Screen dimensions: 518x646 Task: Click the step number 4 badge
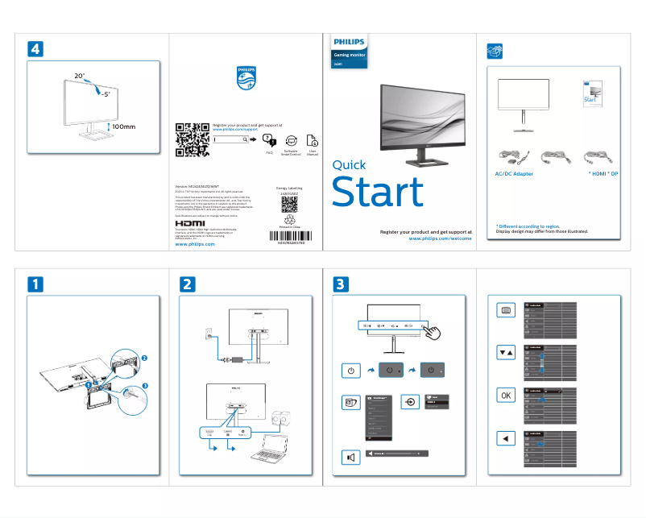coord(35,48)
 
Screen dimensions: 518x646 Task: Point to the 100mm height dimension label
coord(123,127)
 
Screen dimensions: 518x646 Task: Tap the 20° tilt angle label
coord(80,76)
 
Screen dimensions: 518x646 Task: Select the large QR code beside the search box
coord(192,139)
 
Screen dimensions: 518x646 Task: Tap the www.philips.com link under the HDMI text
coord(195,243)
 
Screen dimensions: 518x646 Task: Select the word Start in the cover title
coord(378,193)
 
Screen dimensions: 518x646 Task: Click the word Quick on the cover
coord(349,164)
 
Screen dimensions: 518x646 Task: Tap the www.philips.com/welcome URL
coord(440,238)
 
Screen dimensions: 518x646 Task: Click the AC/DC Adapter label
coord(513,173)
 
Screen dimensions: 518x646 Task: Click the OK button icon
coord(505,396)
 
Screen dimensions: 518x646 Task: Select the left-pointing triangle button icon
coord(505,438)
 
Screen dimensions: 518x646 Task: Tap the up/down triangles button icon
coord(505,353)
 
